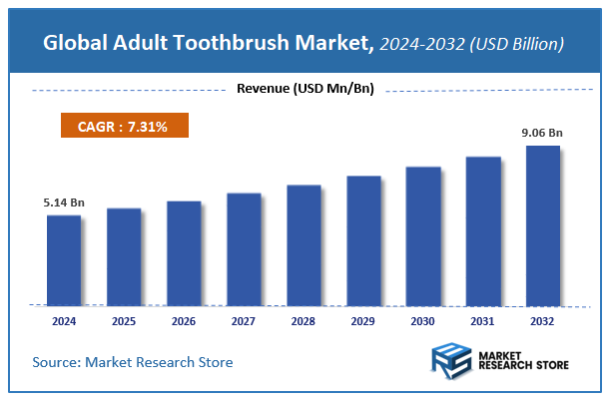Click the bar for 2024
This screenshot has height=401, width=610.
click(x=64, y=259)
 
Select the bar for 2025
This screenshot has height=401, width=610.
click(x=124, y=256)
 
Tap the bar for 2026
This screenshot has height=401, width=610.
click(x=184, y=252)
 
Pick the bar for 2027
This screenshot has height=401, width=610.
click(x=244, y=248)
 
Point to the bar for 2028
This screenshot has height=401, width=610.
click(x=304, y=244)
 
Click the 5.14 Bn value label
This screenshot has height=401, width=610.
click(x=64, y=202)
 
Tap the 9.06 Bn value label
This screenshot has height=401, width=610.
click(x=543, y=134)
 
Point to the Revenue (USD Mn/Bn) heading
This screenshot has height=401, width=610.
click(x=305, y=89)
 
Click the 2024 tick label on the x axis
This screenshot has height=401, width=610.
click(x=64, y=321)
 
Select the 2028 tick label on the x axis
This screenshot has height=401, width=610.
click(x=304, y=321)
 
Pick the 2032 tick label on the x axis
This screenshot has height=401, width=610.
click(x=543, y=321)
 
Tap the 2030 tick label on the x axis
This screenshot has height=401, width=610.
click(x=423, y=321)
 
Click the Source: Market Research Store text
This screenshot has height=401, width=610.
click(x=133, y=362)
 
